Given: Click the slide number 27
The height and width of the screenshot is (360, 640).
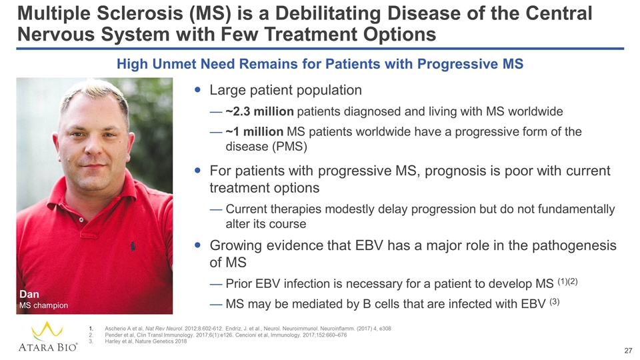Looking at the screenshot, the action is click(628, 351).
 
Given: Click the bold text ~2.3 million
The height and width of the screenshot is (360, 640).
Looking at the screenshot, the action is click(259, 111).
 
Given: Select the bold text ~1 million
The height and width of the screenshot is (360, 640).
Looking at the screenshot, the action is click(254, 132).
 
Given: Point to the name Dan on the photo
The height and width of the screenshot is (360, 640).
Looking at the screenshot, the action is click(29, 294).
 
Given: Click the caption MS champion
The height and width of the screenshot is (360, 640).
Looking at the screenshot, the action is click(44, 305).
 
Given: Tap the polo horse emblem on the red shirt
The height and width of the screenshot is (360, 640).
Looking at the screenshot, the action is click(133, 246).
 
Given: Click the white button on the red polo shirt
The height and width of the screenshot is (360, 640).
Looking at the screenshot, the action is click(81, 220).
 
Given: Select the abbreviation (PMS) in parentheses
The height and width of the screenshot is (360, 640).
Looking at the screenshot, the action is click(289, 147).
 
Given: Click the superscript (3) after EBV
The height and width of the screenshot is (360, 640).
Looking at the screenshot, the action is click(554, 302).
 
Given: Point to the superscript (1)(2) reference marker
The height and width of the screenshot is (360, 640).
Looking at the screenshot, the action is click(567, 281).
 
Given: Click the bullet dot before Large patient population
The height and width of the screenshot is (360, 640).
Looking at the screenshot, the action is click(198, 89).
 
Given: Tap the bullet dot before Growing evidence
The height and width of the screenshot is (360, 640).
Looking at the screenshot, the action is click(198, 245).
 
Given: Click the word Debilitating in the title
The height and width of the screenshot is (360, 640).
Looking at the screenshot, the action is click(329, 13).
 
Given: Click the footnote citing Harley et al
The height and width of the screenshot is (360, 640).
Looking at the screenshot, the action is click(146, 341).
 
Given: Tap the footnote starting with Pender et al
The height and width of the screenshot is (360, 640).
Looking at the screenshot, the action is click(226, 335).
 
